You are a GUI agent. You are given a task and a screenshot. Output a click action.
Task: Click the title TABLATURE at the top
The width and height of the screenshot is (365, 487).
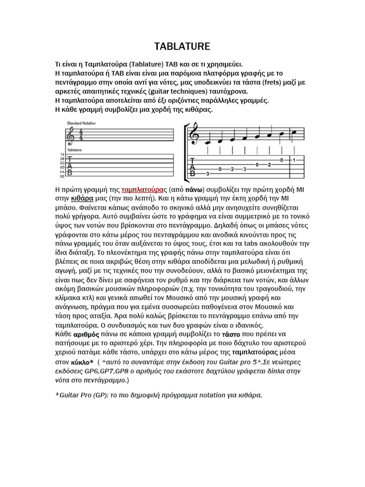coord(182,46)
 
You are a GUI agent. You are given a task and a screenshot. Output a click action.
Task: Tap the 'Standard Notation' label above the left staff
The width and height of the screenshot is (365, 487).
coord(81,123)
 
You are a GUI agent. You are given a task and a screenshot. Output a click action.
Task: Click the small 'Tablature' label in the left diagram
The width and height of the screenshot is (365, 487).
coord(74,149)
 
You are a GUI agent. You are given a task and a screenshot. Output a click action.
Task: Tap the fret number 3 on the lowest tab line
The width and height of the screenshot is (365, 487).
coord(208,174)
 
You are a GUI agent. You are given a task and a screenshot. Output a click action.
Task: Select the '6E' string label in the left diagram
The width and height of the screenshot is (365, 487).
coord(62,176)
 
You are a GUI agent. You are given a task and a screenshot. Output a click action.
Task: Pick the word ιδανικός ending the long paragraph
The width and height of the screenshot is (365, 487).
coord(243,325)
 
